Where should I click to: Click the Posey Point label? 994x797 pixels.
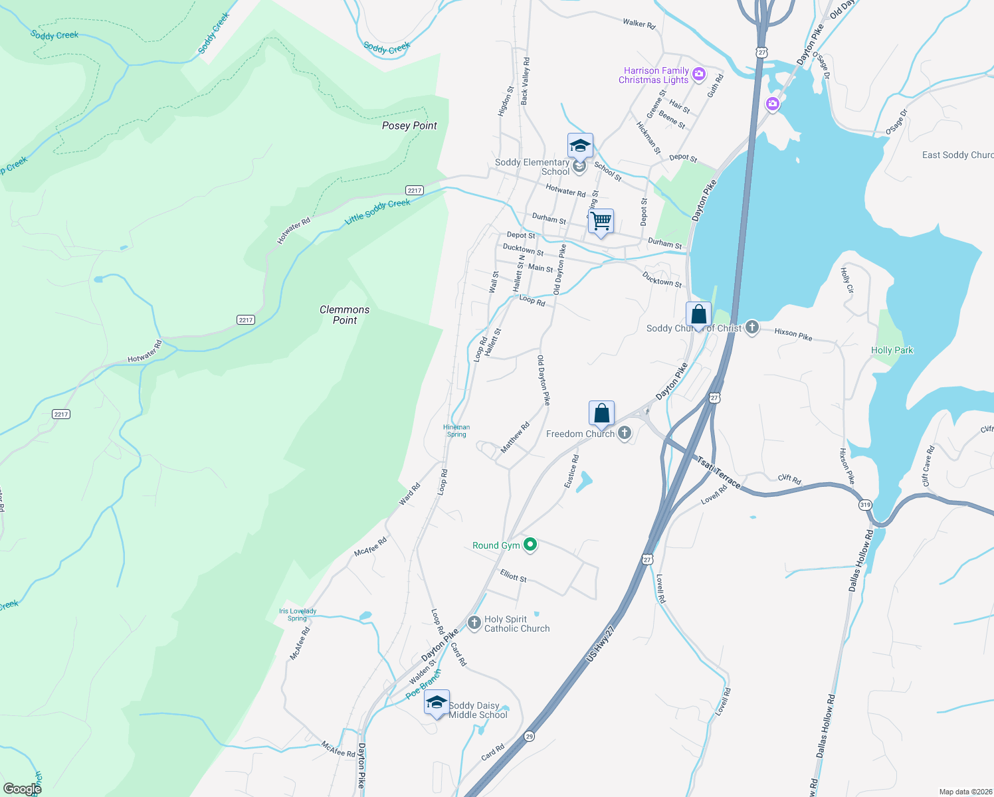click(x=409, y=126)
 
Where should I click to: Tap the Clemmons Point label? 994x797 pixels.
click(x=344, y=315)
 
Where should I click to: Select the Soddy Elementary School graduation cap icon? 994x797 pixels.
click(x=580, y=145)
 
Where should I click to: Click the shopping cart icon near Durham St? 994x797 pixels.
click(x=601, y=221)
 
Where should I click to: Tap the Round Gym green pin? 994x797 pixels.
click(x=530, y=545)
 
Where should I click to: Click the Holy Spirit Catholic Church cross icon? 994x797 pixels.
click(x=474, y=623)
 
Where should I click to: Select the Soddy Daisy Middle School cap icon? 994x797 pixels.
click(x=437, y=703)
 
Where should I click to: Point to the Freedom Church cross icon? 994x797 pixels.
click(x=624, y=434)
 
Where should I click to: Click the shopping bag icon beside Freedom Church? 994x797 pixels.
click(x=601, y=414)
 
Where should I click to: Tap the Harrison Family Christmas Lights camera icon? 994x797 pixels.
click(x=698, y=74)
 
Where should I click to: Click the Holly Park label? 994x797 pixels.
click(x=892, y=350)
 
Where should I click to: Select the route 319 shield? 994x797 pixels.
click(x=864, y=505)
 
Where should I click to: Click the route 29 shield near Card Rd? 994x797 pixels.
click(x=529, y=736)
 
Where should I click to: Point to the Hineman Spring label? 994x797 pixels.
click(x=456, y=431)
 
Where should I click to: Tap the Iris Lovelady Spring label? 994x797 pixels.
click(x=298, y=614)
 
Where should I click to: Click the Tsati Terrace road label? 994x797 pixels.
click(x=718, y=472)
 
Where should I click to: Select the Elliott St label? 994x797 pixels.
click(x=513, y=576)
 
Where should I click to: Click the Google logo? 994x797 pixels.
click(x=22, y=789)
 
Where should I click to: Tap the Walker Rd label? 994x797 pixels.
click(x=639, y=24)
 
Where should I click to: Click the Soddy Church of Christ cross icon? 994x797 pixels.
click(x=751, y=327)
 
